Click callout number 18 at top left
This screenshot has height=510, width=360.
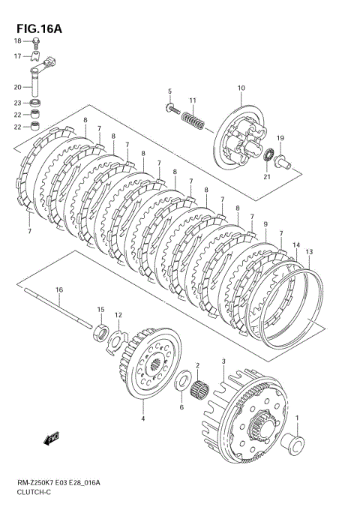(17, 41)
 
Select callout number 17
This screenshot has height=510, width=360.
(17, 56)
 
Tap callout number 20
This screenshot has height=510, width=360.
(17, 87)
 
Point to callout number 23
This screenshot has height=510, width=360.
(17, 103)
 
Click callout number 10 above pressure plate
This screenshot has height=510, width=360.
(241, 88)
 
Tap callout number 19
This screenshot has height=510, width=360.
(280, 138)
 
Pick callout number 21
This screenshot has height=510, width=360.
(266, 178)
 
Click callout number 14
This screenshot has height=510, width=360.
(295, 245)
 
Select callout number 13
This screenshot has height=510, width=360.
(309, 251)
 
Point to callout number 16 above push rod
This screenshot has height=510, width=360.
(58, 289)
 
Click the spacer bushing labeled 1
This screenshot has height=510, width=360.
(294, 445)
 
